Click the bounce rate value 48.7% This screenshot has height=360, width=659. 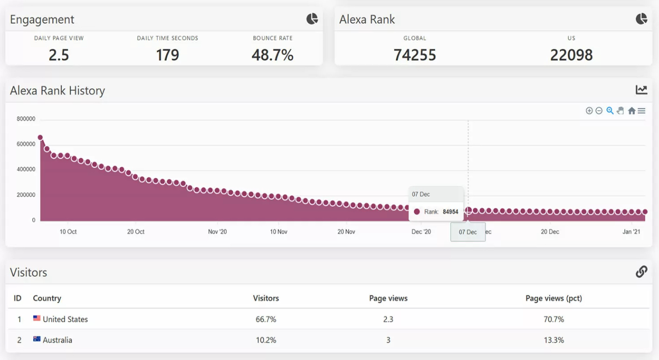coord(272,55)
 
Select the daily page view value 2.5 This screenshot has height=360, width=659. coord(59,55)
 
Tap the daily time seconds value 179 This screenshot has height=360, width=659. coord(167,55)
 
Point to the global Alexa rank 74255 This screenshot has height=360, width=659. coord(415,55)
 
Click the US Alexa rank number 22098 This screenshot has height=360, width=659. coord(571,55)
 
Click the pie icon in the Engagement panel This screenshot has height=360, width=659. coord(312,19)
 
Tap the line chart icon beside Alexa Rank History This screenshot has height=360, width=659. coord(641,90)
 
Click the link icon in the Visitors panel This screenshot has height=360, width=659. coord(641,272)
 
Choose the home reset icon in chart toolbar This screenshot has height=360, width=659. coord(631,111)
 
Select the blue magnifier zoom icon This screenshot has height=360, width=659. coord(610,111)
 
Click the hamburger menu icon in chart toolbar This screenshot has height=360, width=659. coord(642,111)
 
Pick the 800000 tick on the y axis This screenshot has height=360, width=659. coord(26,119)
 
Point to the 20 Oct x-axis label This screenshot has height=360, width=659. coord(136,231)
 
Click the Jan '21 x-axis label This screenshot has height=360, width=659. coord(631,231)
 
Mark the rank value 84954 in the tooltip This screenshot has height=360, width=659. coord(451,212)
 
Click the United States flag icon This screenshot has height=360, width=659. coord(37,318)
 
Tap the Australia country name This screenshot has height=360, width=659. coord(57,340)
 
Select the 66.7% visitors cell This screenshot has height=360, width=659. coord(266,319)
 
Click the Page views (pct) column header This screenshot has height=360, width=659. coord(554,298)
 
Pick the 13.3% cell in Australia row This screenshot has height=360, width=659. coord(554,340)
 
